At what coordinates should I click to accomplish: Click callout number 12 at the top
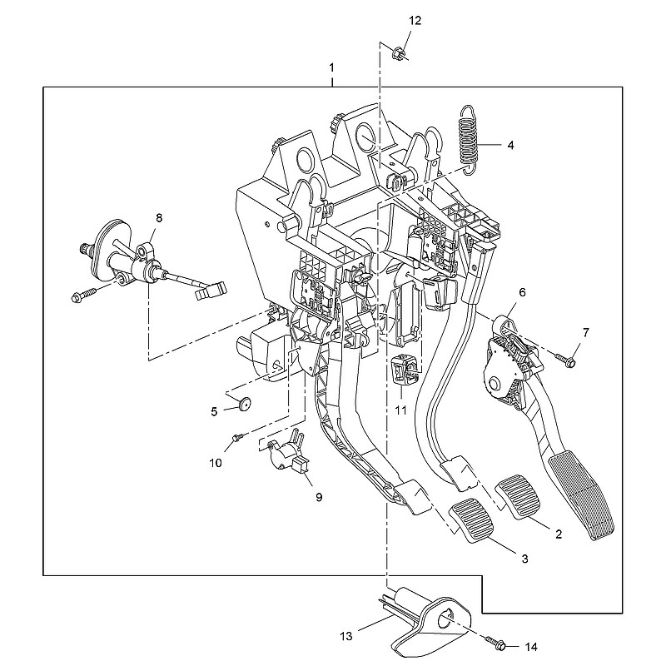(415, 21)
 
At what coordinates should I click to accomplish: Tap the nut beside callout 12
(397, 54)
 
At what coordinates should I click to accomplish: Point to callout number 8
(160, 217)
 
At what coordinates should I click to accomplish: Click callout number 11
(402, 410)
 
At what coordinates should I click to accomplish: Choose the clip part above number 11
(403, 369)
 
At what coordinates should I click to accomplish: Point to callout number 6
(523, 293)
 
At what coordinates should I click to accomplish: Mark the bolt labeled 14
(501, 644)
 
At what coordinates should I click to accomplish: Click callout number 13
(346, 636)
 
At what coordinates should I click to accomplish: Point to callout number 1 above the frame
(331, 66)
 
